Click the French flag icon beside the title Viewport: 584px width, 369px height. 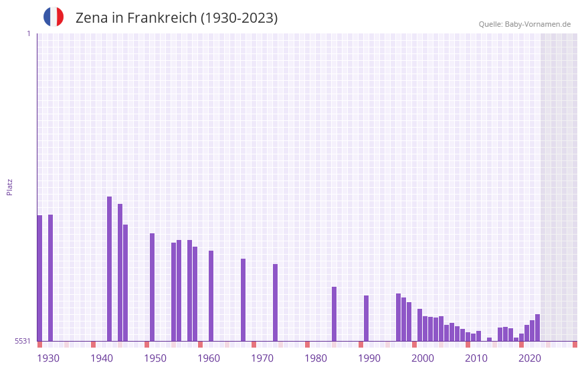pos(54,17)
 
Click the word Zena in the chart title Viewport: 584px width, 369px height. pos(90,18)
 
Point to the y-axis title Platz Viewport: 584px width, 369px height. pos(9,187)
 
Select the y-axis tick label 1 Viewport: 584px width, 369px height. pos(28,33)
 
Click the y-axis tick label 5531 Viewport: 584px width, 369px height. pos(23,341)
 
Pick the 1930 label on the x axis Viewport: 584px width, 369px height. pos(48,358)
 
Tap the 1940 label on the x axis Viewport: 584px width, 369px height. pos(102,358)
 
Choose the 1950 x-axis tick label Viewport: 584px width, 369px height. pos(155,358)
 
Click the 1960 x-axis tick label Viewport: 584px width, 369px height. pos(209,358)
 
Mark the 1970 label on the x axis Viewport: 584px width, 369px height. pos(262,358)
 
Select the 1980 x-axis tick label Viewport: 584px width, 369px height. pos(316,358)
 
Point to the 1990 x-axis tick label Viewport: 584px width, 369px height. pos(369,358)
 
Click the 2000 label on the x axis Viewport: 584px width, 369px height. pos(423,358)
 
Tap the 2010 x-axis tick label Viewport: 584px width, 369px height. pos(476,358)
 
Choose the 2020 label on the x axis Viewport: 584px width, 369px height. pos(530,358)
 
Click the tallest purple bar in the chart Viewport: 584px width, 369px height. pos(109,267)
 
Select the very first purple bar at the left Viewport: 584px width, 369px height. pos(39,277)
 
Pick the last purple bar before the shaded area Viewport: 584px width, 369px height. pos(537,328)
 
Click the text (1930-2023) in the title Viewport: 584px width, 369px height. pos(239,18)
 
